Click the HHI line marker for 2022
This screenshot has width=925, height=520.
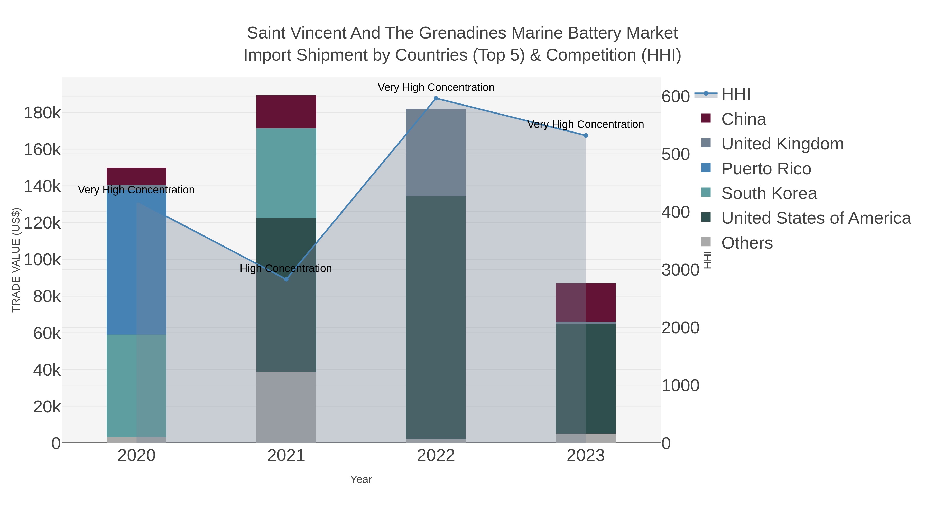tap(436, 98)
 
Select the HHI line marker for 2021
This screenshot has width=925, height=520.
tap(286, 279)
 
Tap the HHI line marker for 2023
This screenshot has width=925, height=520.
tap(586, 135)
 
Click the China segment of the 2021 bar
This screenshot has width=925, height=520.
tap(286, 112)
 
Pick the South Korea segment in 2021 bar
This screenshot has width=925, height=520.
tap(286, 173)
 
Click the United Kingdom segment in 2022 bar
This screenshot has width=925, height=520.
tap(436, 153)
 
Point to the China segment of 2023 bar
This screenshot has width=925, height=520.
tap(586, 302)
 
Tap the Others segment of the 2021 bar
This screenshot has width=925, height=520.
tap(286, 407)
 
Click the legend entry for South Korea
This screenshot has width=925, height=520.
tap(769, 193)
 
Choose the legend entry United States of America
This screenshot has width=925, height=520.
tap(816, 218)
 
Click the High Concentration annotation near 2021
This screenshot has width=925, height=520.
tap(286, 268)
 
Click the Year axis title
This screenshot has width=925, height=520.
tap(361, 479)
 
